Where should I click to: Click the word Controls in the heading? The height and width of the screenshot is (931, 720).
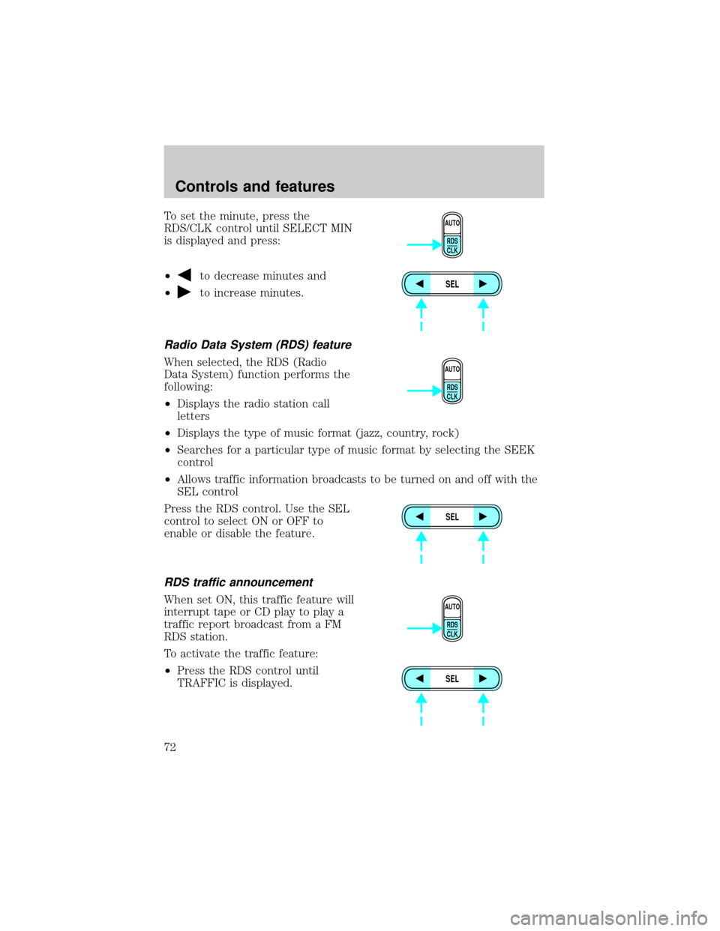[x=205, y=187]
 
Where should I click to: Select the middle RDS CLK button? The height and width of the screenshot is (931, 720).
[x=452, y=391]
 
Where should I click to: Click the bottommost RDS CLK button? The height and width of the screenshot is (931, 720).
[x=452, y=629]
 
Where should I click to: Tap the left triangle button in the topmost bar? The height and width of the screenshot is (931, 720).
[x=421, y=284]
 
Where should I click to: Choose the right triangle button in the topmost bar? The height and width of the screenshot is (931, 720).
[x=484, y=284]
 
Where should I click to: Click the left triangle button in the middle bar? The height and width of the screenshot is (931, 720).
[x=421, y=516]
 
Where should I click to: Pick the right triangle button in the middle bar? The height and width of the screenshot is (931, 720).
[x=484, y=516]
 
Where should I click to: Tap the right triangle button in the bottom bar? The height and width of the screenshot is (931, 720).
[x=484, y=678]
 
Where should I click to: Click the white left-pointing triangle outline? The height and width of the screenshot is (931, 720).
[x=187, y=274]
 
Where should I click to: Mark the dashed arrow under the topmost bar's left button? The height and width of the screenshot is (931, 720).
[x=421, y=314]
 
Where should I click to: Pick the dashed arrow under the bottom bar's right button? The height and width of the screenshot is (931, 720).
[x=483, y=708]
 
